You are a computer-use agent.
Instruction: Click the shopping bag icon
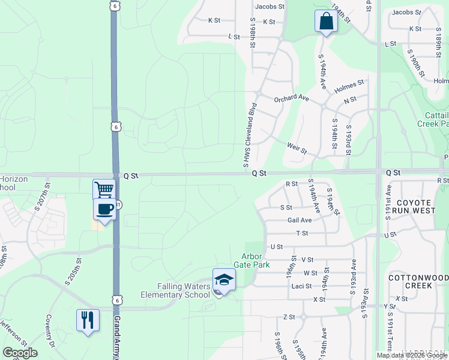coord(325,21)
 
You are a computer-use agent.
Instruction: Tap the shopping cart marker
coord(104,190)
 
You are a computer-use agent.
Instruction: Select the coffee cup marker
coord(104,209)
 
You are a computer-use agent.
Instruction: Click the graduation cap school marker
coord(224,280)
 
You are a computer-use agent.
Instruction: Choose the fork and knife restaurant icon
coord(88,319)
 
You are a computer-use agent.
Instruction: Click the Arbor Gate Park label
coord(255,260)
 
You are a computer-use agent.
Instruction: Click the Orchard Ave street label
coord(291,98)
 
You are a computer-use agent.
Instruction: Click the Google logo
coord(20,352)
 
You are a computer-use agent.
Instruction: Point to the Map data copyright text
coord(412,355)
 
